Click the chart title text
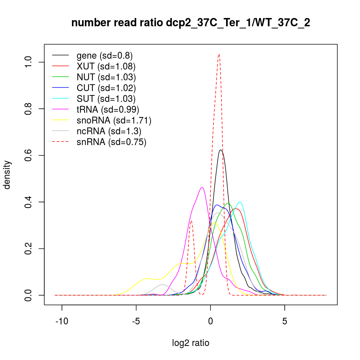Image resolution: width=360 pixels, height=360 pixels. pos(191,23)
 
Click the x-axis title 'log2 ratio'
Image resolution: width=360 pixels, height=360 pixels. pos(191,343)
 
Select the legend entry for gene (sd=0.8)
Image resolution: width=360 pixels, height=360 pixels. pos(104,55)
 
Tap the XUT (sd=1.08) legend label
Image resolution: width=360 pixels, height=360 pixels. pos(106,66)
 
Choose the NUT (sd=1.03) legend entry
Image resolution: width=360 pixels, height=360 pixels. pos(106,77)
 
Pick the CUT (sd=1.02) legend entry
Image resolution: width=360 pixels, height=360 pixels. pos(106,88)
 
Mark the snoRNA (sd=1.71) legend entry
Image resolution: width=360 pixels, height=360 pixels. pos(114,120)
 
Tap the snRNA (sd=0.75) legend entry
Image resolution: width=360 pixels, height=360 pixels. pos(111,142)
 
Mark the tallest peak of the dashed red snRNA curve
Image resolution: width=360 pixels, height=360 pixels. pos(219,54)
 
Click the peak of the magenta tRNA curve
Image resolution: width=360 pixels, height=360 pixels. pos(202,187)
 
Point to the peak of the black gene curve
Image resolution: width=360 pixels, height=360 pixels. pos(221,150)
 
